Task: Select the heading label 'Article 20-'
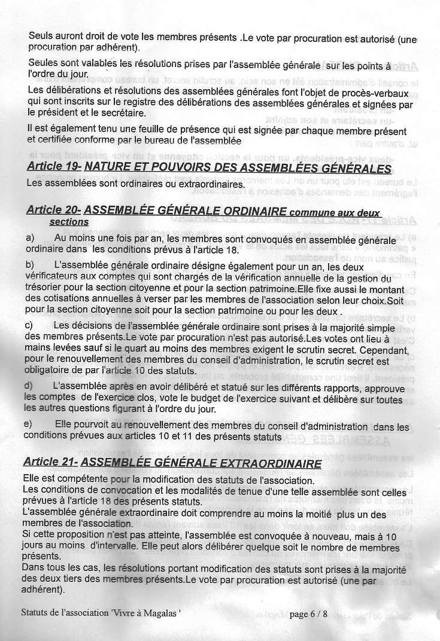[x=54, y=210]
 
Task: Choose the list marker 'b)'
[x=30, y=264]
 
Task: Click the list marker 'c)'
[x=29, y=325]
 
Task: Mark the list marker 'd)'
[x=29, y=386]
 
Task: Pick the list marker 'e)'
[x=28, y=425]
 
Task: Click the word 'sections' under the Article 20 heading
[x=69, y=221]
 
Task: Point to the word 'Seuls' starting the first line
[x=41, y=36]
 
